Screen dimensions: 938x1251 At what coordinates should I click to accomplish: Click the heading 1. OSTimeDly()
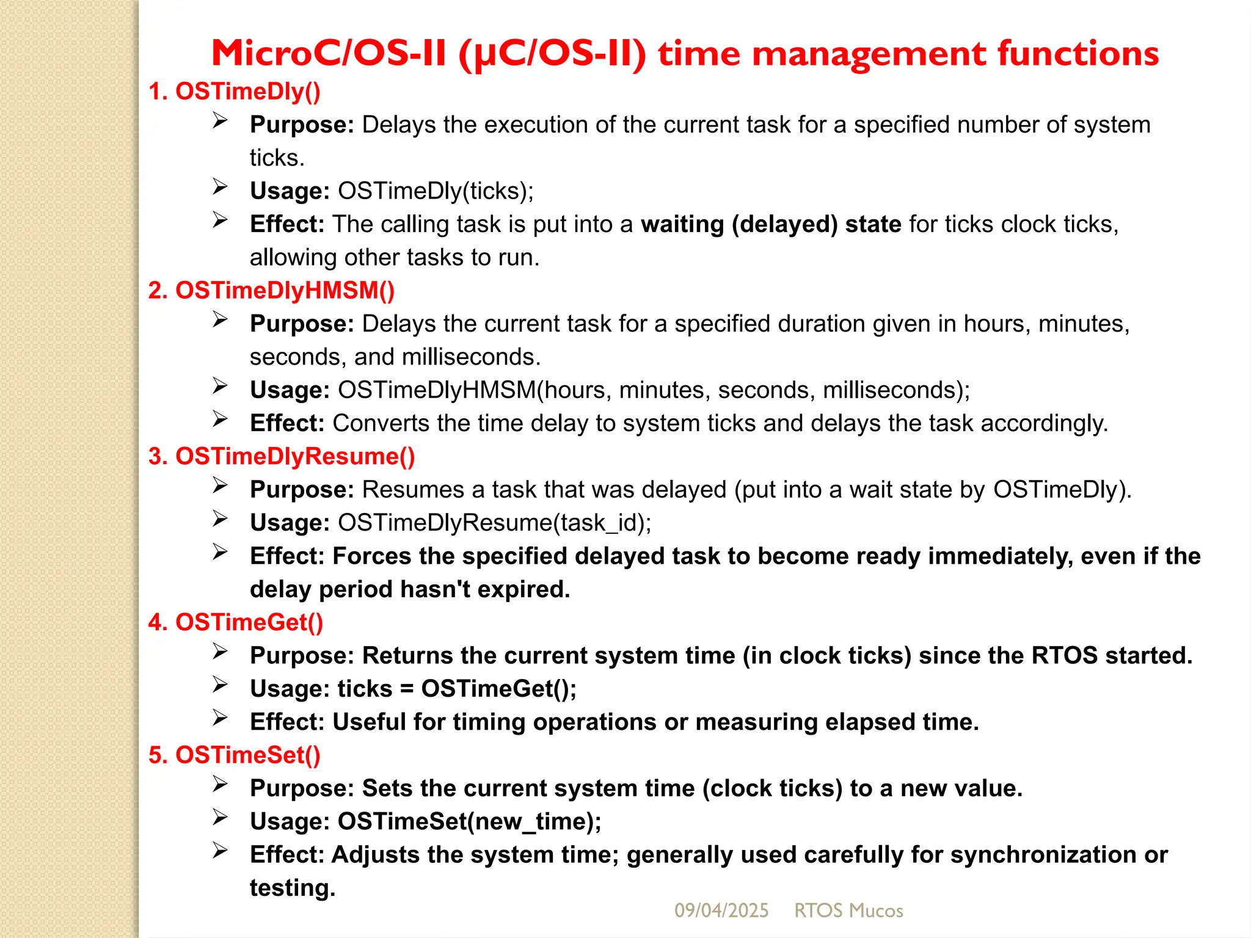234,92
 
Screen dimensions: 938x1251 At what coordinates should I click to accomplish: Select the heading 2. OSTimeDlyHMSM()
271,291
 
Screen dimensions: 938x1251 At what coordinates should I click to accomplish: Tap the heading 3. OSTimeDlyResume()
282,457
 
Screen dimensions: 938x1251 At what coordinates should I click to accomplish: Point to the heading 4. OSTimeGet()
235,622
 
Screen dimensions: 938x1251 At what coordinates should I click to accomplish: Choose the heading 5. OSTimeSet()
234,755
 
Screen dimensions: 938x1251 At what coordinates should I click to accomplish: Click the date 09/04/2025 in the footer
721,911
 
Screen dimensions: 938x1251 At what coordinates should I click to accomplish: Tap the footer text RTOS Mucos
848,911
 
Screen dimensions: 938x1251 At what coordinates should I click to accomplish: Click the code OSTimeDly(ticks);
436,191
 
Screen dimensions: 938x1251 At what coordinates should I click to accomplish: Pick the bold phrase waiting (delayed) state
771,224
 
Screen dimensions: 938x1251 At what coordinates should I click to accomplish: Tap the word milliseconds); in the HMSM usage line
896,390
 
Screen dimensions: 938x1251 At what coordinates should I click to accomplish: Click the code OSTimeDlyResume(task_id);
495,523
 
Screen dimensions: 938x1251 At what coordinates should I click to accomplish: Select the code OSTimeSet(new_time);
469,821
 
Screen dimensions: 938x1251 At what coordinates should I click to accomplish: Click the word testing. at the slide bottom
293,888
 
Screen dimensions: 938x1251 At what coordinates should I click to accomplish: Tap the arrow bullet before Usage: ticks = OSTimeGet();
220,685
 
